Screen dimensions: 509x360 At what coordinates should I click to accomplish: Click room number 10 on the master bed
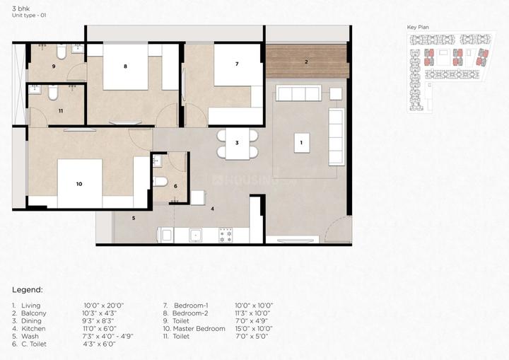pos(79,184)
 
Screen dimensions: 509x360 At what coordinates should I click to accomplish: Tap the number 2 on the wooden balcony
pos(306,62)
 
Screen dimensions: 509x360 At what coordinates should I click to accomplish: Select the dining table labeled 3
pos(238,143)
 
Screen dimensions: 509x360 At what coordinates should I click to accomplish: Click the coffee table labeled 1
pos(302,143)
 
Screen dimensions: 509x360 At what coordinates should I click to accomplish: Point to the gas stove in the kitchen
pos(226,236)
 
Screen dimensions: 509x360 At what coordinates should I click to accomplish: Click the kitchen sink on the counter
pos(196,235)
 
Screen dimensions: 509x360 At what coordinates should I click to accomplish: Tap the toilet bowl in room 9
pos(62,52)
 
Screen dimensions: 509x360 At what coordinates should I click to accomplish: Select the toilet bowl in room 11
pos(53,93)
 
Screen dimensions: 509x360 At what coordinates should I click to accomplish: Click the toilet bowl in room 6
pos(160,181)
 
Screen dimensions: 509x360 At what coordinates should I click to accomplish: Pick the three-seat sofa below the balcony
pos(298,93)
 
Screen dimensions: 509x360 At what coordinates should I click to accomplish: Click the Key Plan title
pos(418,28)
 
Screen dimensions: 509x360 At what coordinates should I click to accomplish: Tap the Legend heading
pos(28,290)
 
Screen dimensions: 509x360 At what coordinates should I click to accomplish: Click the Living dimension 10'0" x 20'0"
pos(104,306)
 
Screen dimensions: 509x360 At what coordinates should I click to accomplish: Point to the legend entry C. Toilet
pos(34,344)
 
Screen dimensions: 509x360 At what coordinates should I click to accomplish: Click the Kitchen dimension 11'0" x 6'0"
pos(100,328)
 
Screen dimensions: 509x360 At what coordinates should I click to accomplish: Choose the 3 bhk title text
pos(21,8)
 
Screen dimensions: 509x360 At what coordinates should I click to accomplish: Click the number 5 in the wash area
pos(134,218)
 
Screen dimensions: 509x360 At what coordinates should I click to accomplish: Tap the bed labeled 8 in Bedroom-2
pos(126,66)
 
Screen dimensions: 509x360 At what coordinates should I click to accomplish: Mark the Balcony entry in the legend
pos(33,313)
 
